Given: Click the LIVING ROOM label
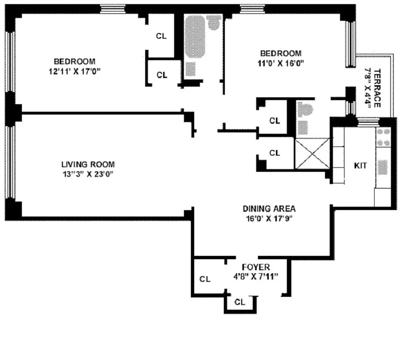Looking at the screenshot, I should pyautogui.click(x=88, y=164).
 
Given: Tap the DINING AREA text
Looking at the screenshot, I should pyautogui.click(x=269, y=208).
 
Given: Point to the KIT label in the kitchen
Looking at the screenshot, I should pyautogui.click(x=361, y=166).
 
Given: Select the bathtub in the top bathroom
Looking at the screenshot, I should pyautogui.click(x=196, y=43).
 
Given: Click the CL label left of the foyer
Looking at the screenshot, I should pyautogui.click(x=205, y=279).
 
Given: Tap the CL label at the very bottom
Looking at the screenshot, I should pyautogui.click(x=240, y=302).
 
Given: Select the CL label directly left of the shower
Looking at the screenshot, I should pyautogui.click(x=274, y=153).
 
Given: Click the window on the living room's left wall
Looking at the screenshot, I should pyautogui.click(x=11, y=162).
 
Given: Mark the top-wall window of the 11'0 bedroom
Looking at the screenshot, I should pyautogui.click(x=248, y=8).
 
